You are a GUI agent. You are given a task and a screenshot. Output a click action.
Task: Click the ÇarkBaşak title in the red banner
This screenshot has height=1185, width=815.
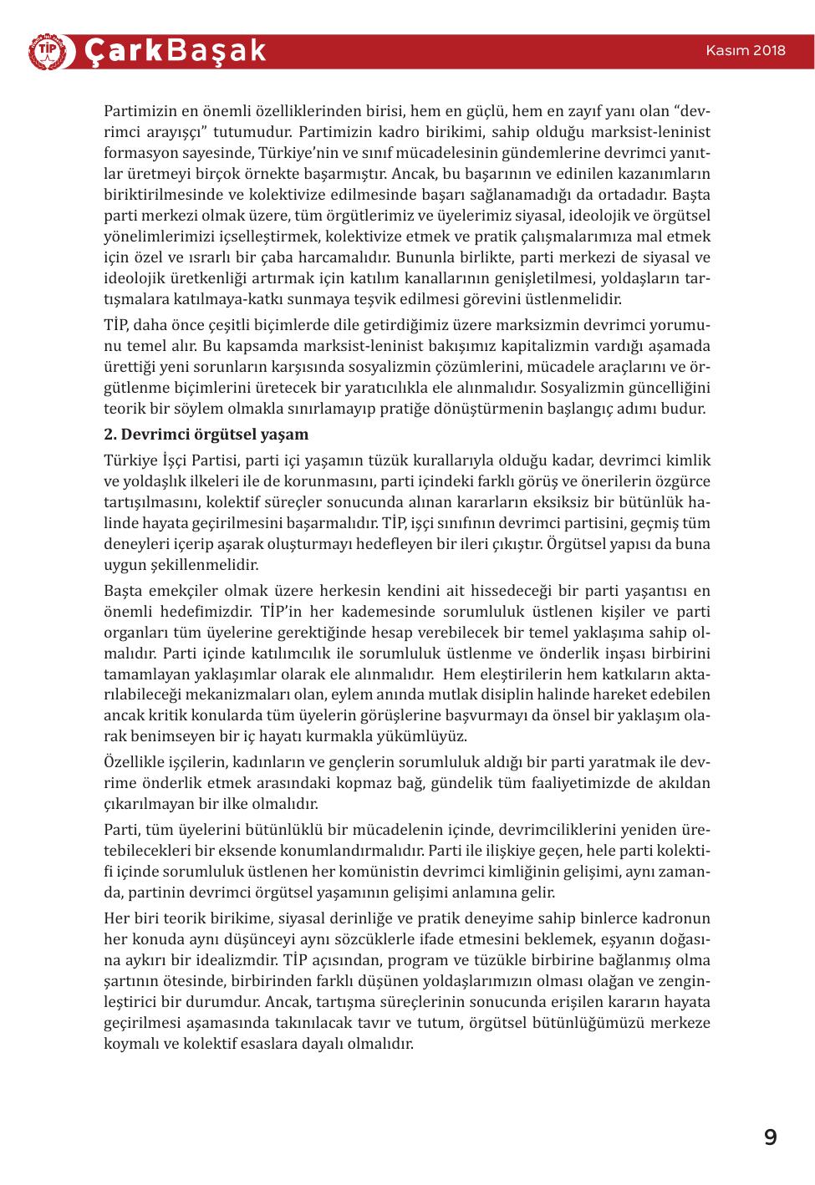coord(176,51)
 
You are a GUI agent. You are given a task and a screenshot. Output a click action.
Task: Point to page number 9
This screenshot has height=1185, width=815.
coord(770,1137)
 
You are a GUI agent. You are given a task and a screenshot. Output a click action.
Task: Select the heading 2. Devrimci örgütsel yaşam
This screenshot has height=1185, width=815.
coord(206,435)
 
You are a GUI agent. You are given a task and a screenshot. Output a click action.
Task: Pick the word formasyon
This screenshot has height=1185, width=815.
coord(140,153)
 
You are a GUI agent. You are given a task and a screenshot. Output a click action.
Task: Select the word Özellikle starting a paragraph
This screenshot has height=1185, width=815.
coord(133,763)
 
